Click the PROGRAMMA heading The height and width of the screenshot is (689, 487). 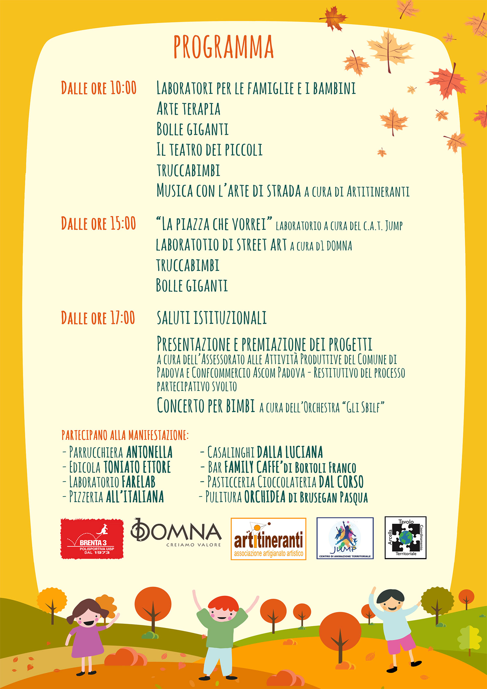pyautogui.click(x=223, y=47)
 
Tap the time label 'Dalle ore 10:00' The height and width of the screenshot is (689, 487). pyautogui.click(x=99, y=88)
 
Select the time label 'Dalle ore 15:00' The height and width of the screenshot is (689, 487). pyautogui.click(x=98, y=223)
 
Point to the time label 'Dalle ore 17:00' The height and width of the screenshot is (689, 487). pyautogui.click(x=98, y=318)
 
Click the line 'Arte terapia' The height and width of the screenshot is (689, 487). pyautogui.click(x=188, y=109)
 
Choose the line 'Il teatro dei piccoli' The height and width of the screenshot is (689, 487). pyautogui.click(x=209, y=150)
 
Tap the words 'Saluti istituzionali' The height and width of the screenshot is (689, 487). pyautogui.click(x=212, y=318)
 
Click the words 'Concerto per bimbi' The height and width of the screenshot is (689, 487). pyautogui.click(x=206, y=406)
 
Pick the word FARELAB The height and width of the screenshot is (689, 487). pyautogui.click(x=139, y=482)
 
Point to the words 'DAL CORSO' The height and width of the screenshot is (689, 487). pyautogui.click(x=341, y=482)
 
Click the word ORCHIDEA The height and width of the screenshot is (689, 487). pyautogui.click(x=265, y=497)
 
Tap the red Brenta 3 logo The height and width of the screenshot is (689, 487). pyautogui.click(x=92, y=539)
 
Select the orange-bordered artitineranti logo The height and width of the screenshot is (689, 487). pyautogui.click(x=268, y=539)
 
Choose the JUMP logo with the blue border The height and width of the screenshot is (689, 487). pyautogui.click(x=345, y=538)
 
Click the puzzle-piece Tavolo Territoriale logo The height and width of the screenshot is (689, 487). pyautogui.click(x=405, y=538)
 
